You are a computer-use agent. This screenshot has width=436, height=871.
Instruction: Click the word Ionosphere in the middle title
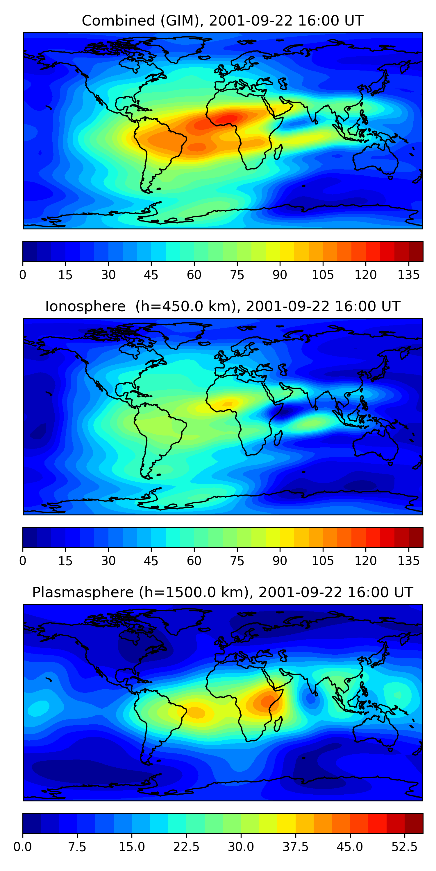click(85, 307)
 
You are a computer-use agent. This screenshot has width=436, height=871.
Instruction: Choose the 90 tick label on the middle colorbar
click(280, 561)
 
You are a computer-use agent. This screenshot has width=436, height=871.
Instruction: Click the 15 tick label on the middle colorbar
click(65, 561)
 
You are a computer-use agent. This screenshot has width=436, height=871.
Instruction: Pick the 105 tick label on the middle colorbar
click(323, 561)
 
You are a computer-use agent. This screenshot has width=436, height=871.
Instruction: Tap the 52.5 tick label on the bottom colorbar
click(405, 847)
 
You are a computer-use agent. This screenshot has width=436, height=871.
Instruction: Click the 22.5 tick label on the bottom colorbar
click(186, 847)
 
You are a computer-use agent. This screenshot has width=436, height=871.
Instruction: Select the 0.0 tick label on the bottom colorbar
click(23, 847)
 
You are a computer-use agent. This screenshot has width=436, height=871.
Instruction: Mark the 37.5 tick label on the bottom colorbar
click(296, 847)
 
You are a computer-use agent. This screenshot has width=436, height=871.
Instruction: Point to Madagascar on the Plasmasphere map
click(278, 724)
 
